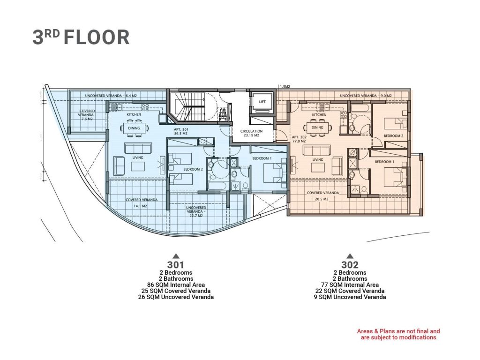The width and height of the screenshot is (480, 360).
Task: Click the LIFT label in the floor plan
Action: coord(262,102)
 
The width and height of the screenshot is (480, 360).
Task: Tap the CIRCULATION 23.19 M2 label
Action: coord(251,133)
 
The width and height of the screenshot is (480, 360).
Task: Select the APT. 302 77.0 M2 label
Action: coord(299,139)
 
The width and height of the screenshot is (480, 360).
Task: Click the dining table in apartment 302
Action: coord(317,127)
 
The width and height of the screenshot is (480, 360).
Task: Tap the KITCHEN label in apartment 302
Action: coord(319,115)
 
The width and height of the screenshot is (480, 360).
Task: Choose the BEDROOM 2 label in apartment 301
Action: coord(193,169)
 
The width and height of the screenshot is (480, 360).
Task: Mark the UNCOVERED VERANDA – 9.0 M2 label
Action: coord(366,96)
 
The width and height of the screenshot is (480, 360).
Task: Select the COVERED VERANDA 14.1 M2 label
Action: coord(142,203)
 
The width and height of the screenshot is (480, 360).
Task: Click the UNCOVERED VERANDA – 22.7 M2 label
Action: coord(196,211)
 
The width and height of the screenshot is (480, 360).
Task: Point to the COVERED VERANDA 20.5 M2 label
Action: coord(322,196)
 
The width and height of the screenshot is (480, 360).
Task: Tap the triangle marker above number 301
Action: coord(175,256)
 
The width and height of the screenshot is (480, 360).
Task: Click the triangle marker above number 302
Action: coord(350,256)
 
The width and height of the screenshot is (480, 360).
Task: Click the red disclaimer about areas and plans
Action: coord(398,334)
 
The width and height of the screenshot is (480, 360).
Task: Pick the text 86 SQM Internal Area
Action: coord(176,285)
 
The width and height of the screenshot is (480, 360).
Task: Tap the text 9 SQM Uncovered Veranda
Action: coord(350,297)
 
